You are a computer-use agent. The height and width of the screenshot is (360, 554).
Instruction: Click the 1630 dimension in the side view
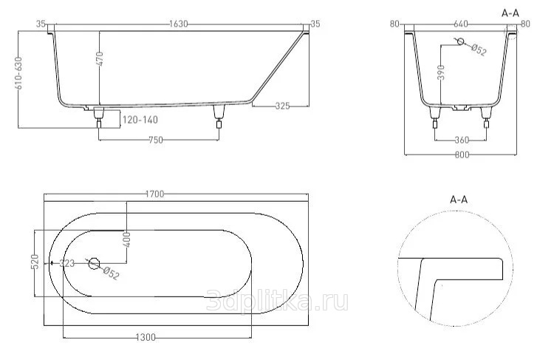click(179, 24)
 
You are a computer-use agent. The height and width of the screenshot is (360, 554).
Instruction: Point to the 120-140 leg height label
click(140, 120)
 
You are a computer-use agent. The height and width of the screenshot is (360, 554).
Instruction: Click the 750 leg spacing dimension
click(155, 140)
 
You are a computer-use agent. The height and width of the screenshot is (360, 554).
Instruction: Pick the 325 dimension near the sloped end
click(282, 106)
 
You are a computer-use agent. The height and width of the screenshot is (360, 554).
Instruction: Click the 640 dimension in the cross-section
click(461, 24)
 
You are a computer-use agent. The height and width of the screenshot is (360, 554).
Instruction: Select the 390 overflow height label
click(440, 72)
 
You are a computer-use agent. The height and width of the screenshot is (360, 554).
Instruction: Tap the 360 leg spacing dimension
click(462, 140)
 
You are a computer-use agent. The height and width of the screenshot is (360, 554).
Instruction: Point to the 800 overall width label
click(462, 155)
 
